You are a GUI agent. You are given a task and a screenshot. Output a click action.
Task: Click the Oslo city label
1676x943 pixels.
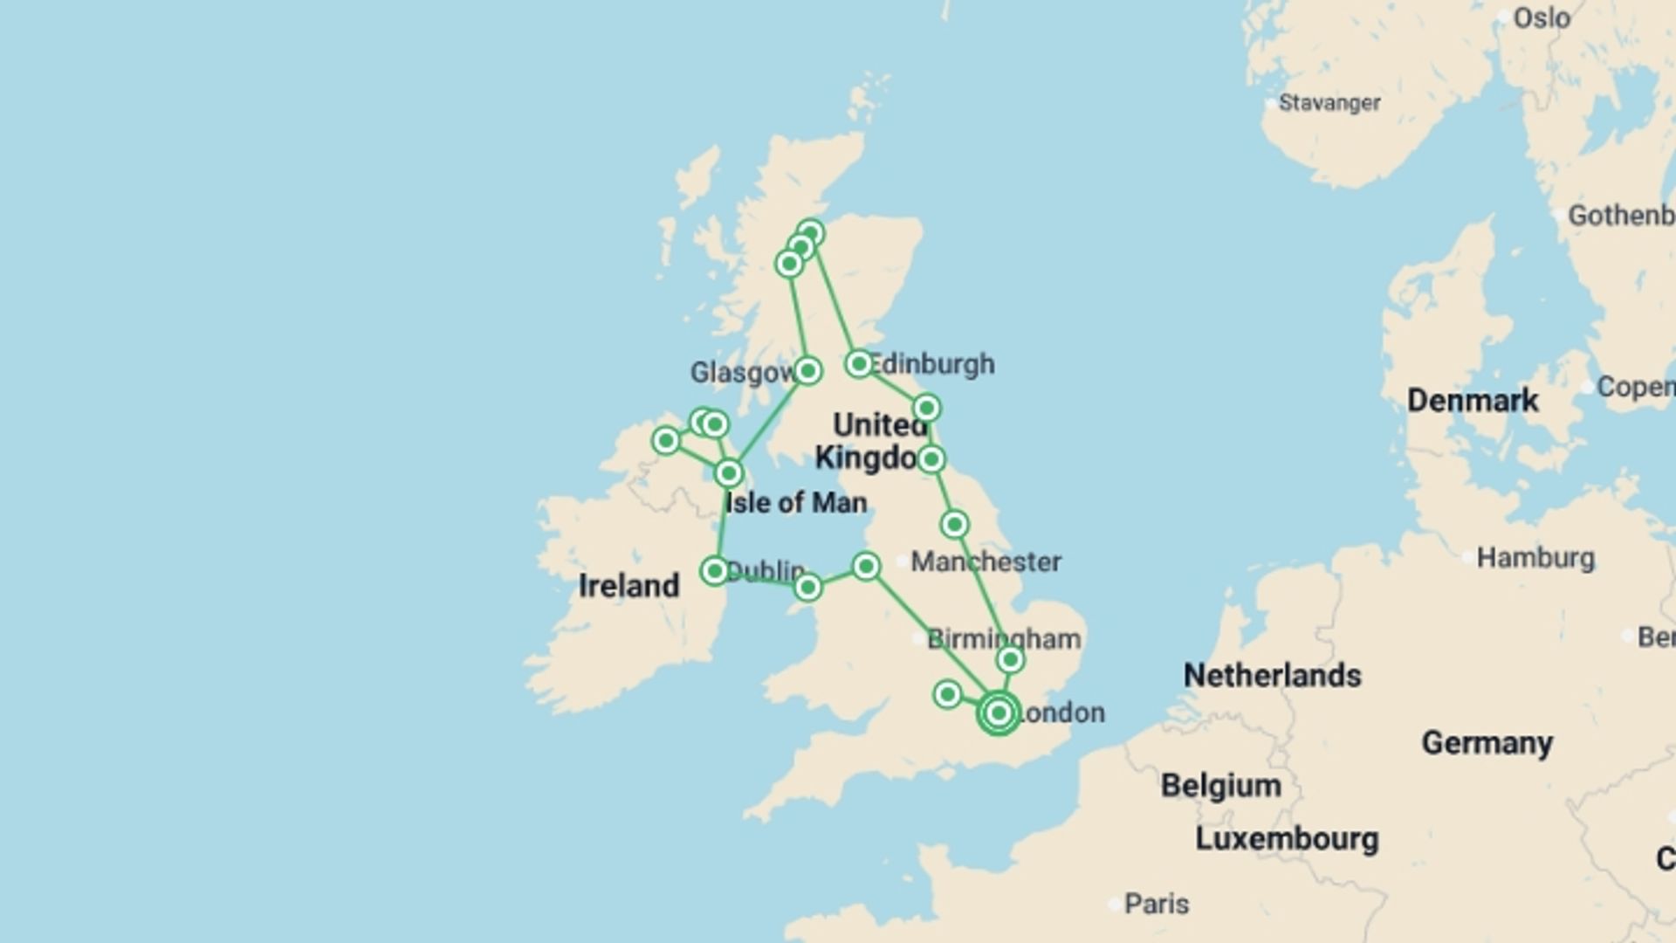tap(1542, 17)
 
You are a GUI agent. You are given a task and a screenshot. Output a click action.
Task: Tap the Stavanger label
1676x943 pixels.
tap(1329, 103)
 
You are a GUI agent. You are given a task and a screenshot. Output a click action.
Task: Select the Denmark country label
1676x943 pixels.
tap(1473, 400)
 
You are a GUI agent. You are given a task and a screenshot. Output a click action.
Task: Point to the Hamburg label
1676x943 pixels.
tap(1535, 557)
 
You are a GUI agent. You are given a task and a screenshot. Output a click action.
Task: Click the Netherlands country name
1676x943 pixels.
tap(1272, 675)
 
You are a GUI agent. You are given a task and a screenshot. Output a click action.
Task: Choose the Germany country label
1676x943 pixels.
tap(1487, 742)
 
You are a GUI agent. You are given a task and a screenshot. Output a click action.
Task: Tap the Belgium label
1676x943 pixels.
tap(1220, 785)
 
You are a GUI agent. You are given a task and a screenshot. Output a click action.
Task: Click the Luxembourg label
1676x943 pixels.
tap(1286, 838)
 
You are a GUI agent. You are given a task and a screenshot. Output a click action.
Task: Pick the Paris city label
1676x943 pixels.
tap(1156, 903)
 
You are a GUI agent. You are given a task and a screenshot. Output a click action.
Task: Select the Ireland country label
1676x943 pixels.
tap(628, 585)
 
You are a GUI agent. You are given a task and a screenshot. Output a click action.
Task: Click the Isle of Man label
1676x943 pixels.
tap(796, 502)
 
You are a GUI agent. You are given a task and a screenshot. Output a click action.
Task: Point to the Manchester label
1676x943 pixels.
tap(986, 561)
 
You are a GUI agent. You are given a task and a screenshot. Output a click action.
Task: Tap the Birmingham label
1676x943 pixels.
tap(1003, 638)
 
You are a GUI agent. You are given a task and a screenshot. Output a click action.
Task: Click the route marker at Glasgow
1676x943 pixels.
tap(807, 370)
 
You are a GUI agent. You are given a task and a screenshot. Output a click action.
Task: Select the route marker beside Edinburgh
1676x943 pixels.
tap(859, 363)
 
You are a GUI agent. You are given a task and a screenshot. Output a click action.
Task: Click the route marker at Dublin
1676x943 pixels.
tap(715, 571)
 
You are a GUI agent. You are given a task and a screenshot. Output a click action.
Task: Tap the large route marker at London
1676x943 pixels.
tap(999, 712)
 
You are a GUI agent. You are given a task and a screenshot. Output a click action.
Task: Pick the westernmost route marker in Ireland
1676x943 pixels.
tap(666, 441)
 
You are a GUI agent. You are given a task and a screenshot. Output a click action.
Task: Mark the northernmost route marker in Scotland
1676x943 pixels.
tap(811, 233)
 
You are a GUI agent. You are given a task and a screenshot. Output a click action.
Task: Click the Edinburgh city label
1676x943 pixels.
tap(932, 363)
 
